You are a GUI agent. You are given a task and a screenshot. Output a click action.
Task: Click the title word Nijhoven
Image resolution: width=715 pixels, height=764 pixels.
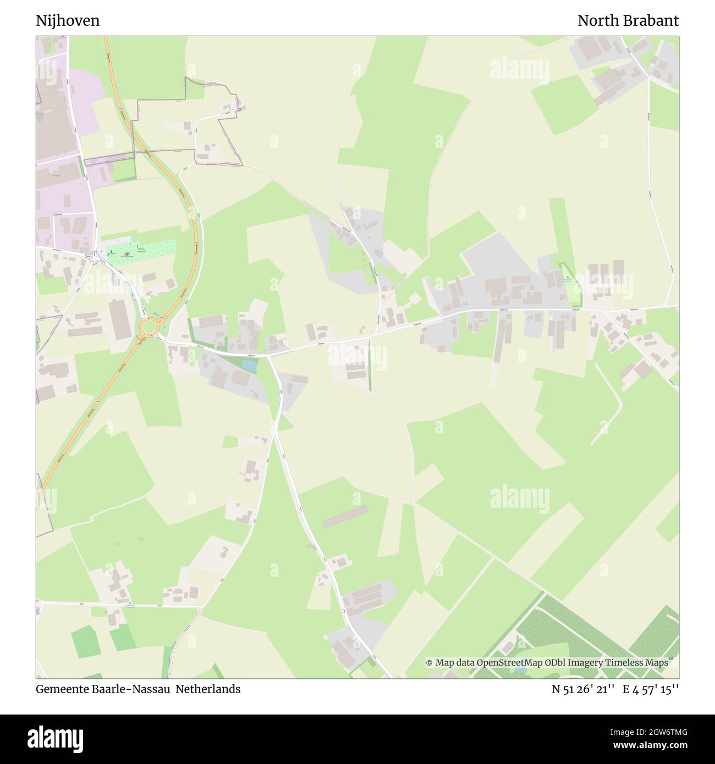coord(68,21)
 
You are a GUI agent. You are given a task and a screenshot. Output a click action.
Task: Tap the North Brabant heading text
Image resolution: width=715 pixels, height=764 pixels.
coord(628,21)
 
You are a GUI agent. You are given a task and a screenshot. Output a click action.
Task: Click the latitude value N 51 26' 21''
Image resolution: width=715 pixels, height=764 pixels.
coord(582,689)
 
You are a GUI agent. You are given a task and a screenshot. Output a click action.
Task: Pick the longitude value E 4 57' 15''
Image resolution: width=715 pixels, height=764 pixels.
coord(651,689)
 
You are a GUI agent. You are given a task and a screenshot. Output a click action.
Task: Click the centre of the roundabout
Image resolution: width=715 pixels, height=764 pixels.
coord(148,328)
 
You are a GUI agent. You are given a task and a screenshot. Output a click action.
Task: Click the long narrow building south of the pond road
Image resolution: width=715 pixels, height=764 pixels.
coord(345,516)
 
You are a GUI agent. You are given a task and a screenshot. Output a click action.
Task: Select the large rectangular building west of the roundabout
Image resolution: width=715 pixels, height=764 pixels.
coord(118,319)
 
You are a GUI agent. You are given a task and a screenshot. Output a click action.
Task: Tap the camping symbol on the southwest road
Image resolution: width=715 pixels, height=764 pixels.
coord(129,604)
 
